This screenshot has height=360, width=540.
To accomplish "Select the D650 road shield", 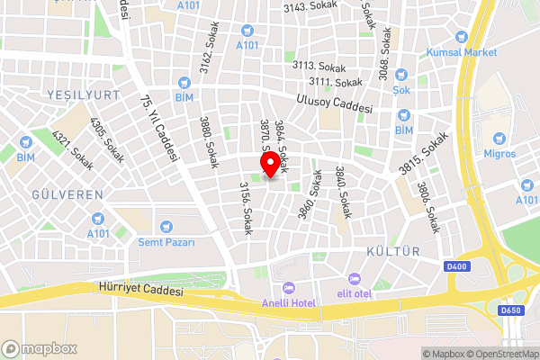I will [510, 311].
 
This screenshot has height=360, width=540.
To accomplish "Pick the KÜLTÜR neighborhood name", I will [394, 251].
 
